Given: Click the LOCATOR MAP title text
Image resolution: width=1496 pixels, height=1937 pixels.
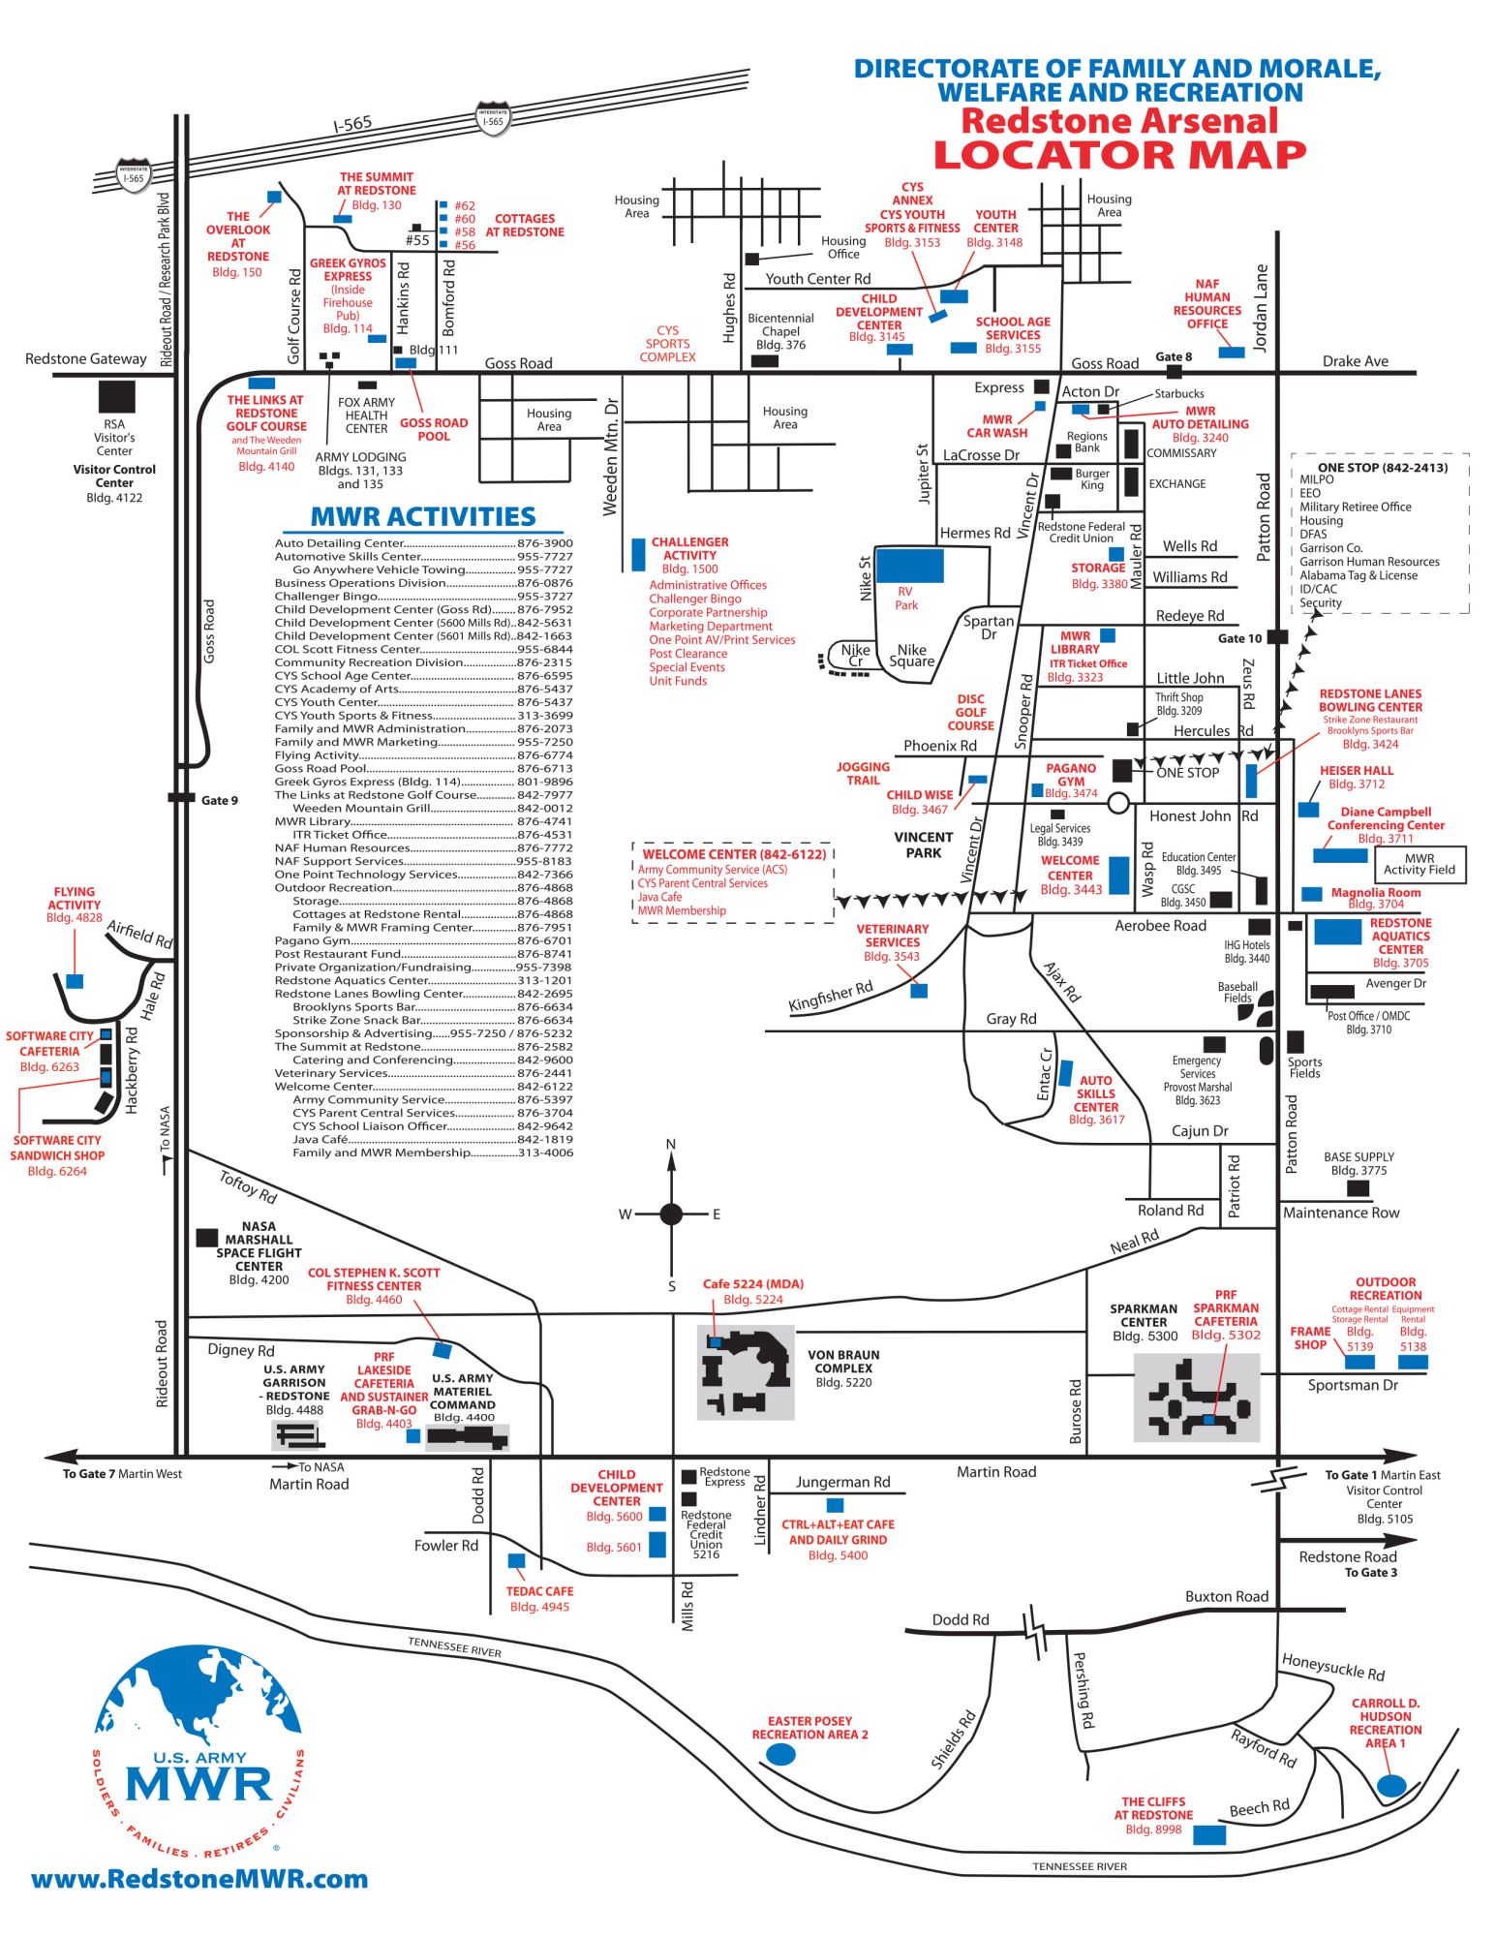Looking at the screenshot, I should tap(1119, 155).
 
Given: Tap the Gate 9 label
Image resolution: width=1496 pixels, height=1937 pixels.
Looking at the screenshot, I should tap(219, 800).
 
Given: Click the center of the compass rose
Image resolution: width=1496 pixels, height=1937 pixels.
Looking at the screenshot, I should tap(671, 1214).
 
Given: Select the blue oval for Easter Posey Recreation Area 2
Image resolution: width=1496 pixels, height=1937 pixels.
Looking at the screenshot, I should tap(780, 1754).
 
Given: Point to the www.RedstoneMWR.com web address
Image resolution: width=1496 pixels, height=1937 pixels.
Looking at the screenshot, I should tap(199, 1880).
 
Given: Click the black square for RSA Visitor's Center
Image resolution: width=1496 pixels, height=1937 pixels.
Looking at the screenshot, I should tap(117, 396).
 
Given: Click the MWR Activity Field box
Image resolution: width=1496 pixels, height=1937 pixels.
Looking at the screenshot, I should tap(1419, 864).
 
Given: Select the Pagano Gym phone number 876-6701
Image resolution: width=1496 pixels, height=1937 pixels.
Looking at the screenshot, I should tap(544, 940).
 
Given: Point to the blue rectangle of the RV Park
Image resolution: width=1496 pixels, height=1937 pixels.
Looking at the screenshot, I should tap(909, 566).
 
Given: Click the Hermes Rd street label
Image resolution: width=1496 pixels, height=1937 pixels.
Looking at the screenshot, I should tap(975, 533).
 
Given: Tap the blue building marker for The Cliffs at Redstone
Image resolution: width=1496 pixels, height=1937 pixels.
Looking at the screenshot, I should tap(1208, 1834).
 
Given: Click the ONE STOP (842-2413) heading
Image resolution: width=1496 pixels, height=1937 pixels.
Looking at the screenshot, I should tap(1382, 467).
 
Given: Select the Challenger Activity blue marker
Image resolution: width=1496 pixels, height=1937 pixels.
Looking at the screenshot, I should tap(638, 554).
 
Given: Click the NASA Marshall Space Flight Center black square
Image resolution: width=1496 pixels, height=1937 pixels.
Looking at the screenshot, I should tap(206, 1238).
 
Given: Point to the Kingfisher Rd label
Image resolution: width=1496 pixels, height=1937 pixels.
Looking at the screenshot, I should tap(830, 996).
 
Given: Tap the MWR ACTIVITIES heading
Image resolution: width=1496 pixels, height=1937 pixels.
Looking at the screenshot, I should tap(422, 516).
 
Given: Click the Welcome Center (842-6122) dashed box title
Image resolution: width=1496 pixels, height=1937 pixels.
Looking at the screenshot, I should tap(734, 854).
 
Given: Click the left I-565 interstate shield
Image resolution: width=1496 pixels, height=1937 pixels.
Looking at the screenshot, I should tap(134, 174).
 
